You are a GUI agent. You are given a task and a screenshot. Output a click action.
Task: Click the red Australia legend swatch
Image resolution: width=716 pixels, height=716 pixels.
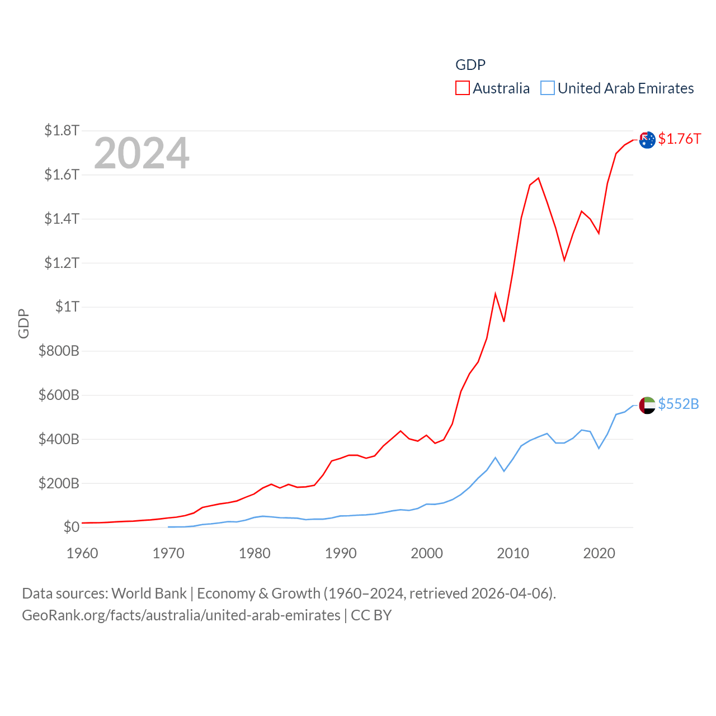coord(462,88)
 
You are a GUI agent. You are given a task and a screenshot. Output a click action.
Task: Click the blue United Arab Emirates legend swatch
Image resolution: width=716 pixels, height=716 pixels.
coord(547,88)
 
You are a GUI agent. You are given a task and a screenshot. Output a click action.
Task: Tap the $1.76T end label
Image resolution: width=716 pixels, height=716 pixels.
coord(679,139)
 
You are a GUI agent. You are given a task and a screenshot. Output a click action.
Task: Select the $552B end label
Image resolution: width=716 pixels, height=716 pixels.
coord(678,404)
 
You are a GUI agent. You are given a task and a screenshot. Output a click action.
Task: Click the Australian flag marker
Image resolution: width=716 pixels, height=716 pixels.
coord(647,140)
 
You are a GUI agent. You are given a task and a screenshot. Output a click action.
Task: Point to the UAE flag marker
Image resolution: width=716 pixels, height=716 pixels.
coord(647,405)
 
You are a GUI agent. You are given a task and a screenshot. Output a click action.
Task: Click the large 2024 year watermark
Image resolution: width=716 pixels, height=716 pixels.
coord(142,153)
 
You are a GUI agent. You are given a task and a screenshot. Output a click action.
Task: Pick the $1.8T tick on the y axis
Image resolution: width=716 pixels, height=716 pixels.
coord(62,131)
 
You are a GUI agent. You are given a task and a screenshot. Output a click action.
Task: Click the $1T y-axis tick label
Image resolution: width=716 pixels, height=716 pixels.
coord(67,307)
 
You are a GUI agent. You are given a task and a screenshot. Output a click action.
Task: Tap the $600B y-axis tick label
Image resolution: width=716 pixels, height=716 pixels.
coord(59,395)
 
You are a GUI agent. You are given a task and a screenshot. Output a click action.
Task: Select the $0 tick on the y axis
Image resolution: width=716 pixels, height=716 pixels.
coord(71,527)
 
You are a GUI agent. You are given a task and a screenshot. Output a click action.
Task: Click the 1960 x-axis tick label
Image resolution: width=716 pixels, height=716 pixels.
coord(82,553)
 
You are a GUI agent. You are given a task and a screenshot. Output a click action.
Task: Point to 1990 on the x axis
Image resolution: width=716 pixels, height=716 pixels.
coord(341,553)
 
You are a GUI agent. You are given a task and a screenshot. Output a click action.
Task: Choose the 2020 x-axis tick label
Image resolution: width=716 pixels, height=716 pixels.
coord(599,553)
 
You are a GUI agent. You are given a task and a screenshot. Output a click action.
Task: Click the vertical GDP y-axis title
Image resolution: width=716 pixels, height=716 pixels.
coord(23,323)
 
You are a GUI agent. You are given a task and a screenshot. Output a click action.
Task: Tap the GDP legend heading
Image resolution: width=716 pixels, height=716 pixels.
coord(470,65)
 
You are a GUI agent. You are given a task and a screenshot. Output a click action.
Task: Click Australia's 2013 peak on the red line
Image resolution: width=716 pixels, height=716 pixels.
coord(538,178)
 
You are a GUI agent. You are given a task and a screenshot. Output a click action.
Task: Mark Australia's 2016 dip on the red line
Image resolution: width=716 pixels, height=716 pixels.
coord(564,260)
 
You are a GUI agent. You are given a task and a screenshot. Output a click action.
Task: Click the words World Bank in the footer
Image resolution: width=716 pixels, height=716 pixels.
coord(149,593)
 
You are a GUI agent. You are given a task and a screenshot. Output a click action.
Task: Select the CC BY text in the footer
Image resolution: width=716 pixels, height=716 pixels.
coord(371,615)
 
